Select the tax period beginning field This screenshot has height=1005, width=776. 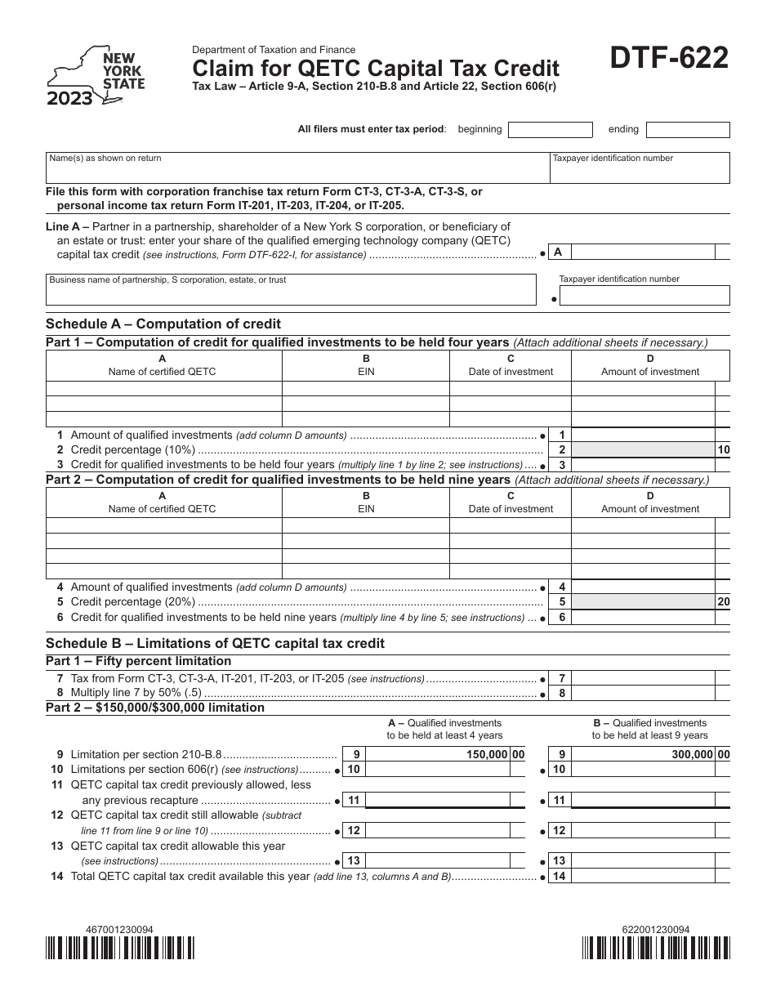pyautogui.click(x=550, y=130)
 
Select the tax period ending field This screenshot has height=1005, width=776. pyautogui.click(x=688, y=130)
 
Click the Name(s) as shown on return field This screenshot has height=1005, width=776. pyautogui.click(x=297, y=167)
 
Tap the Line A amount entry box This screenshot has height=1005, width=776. pyautogui.click(x=642, y=252)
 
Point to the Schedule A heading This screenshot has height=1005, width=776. pyautogui.click(x=163, y=324)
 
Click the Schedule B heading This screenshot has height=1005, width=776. pyautogui.click(x=215, y=643)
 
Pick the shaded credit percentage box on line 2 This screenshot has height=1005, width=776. pyautogui.click(x=642, y=449)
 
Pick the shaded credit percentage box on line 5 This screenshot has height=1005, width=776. pyautogui.click(x=642, y=602)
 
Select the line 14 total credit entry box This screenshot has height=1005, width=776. pyautogui.click(x=642, y=877)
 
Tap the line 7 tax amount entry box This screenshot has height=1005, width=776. pyautogui.click(x=642, y=678)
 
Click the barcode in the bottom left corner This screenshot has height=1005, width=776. pyautogui.click(x=120, y=947)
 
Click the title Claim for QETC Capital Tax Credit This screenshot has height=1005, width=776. pyautogui.click(x=376, y=68)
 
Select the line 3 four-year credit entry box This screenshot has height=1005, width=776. pyautogui.click(x=642, y=465)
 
